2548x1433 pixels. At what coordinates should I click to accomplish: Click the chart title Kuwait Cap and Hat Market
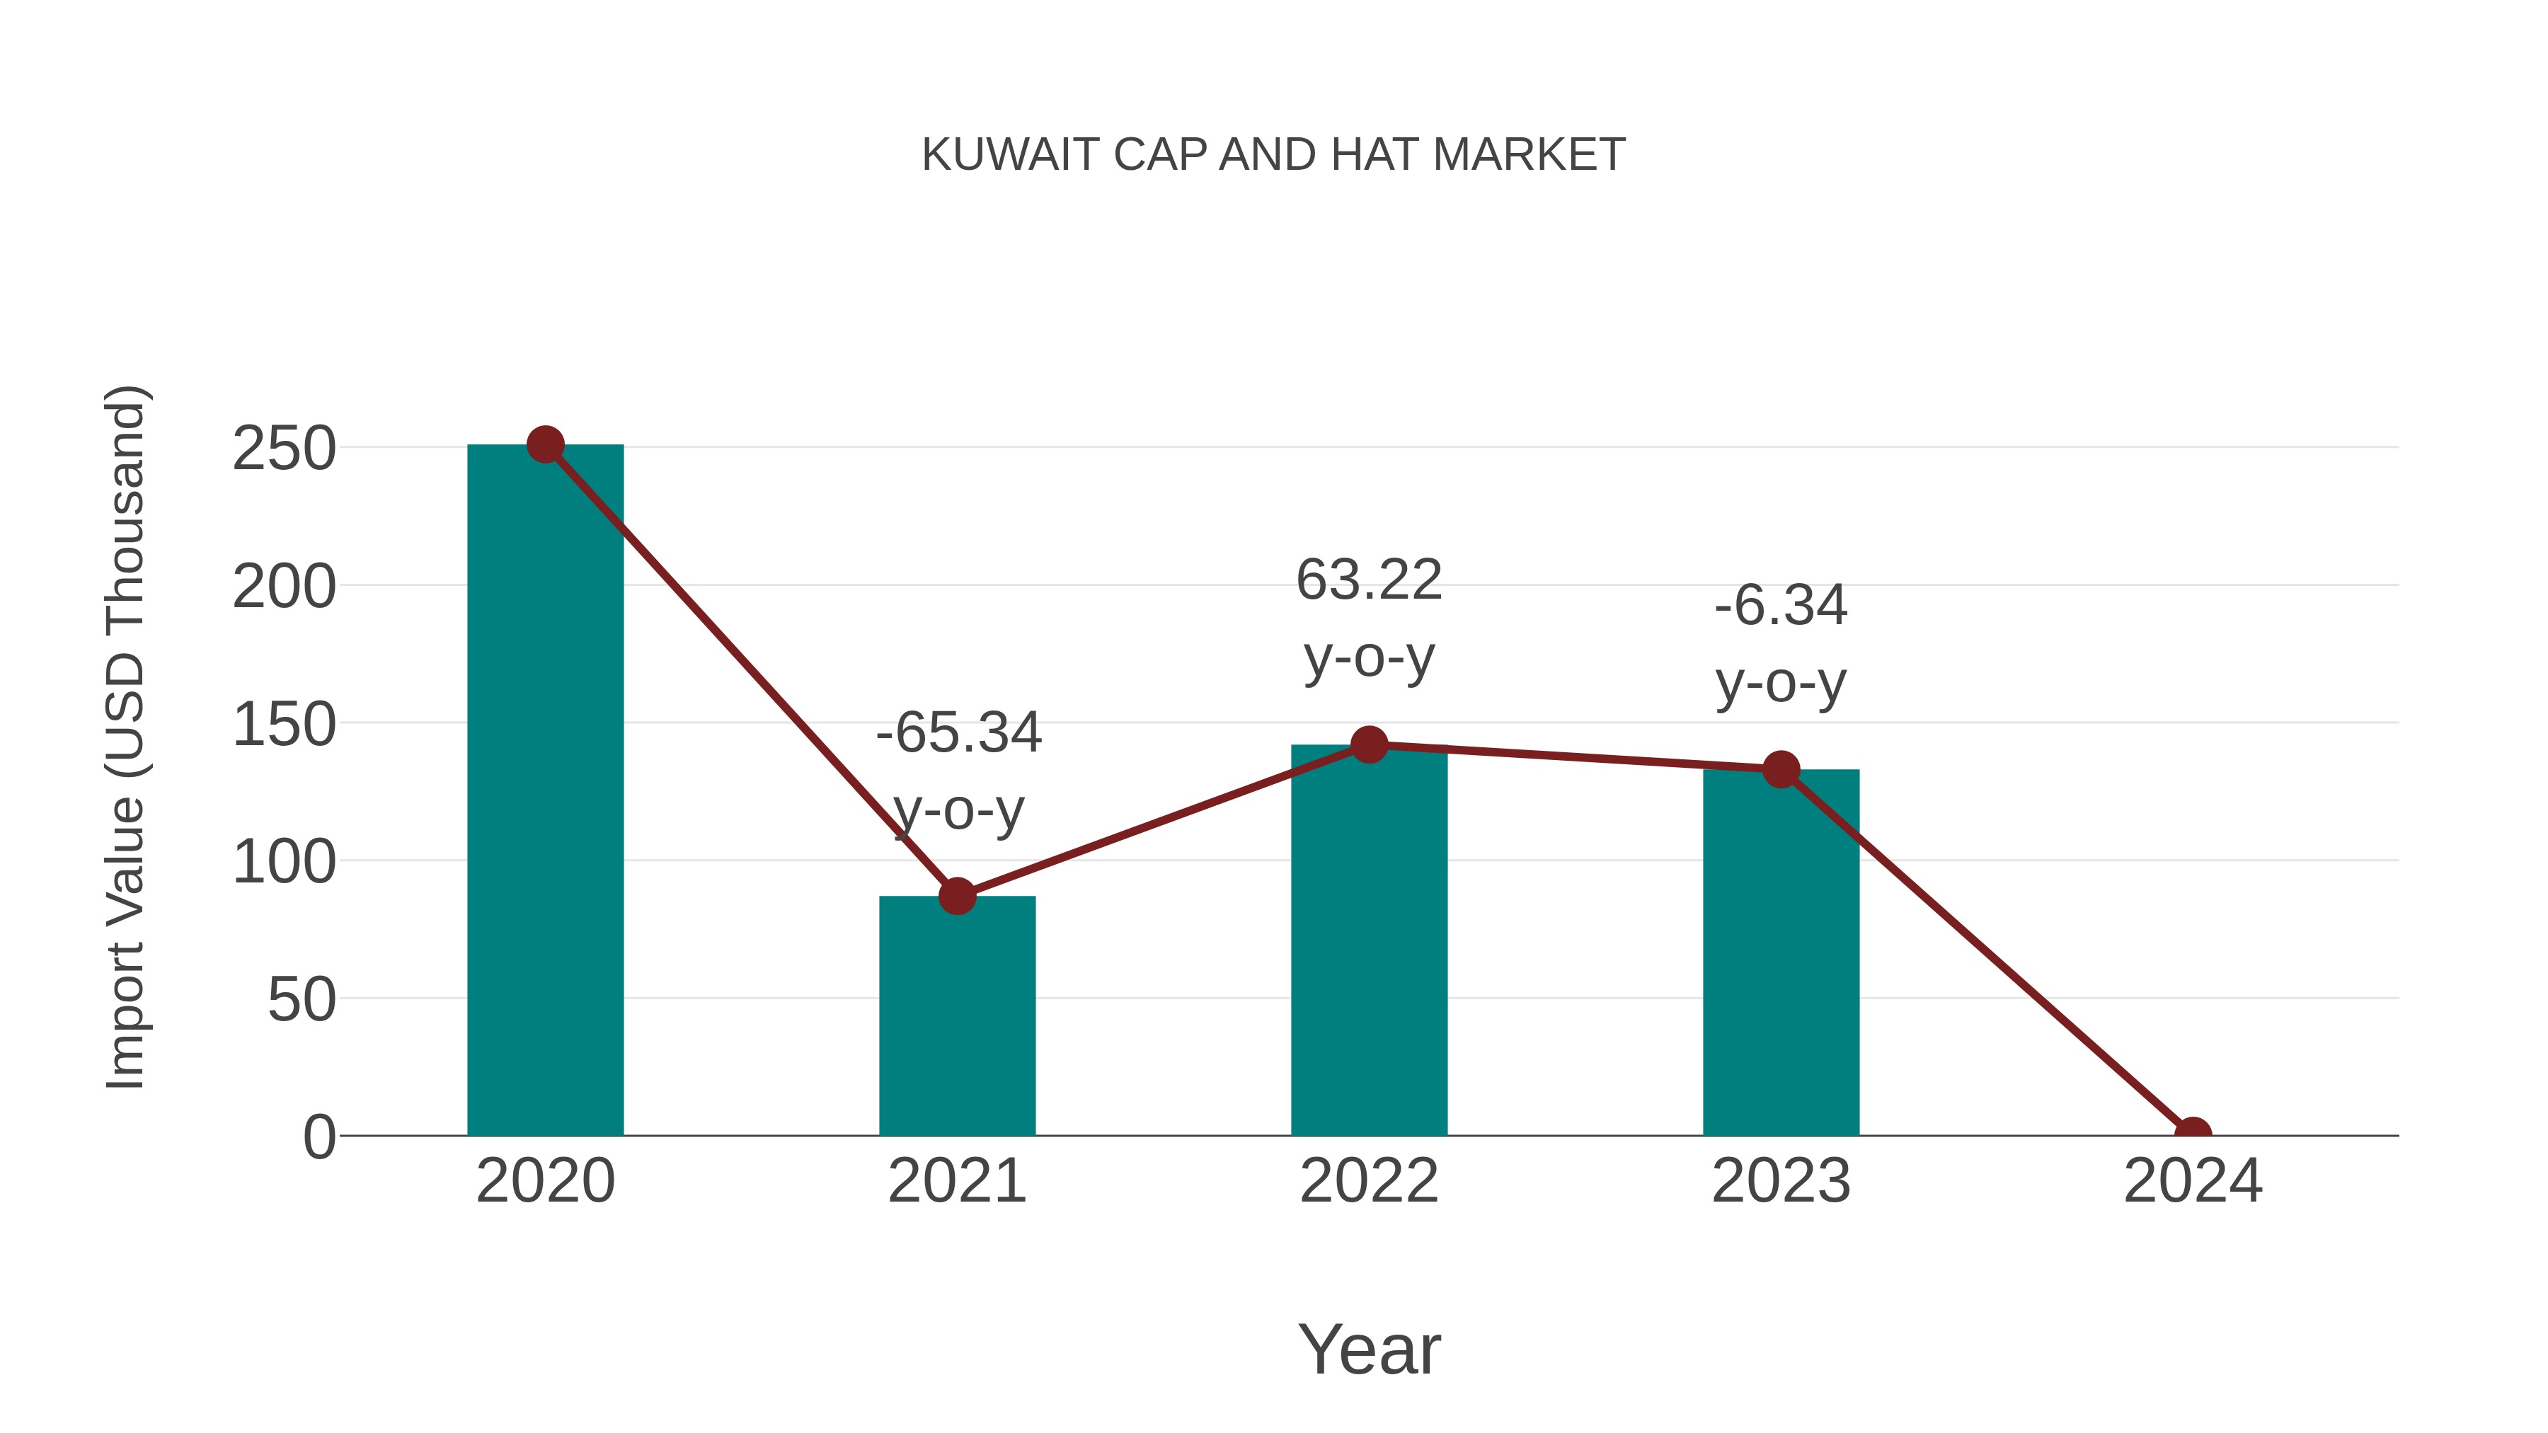click(1273, 155)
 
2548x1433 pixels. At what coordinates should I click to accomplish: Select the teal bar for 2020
click(545, 791)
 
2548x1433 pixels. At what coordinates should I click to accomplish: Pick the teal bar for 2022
click(1369, 940)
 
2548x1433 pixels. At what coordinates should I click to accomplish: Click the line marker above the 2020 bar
click(545, 445)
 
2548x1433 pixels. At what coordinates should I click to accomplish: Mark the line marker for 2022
click(1369, 744)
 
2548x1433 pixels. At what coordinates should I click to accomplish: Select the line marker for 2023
click(1781, 769)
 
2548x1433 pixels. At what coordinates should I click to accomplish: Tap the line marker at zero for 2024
click(2192, 1134)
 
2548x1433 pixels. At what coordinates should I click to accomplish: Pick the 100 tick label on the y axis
click(284, 863)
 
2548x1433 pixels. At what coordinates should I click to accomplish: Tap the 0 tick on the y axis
click(319, 1137)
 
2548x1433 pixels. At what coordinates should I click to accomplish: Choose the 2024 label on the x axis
click(2192, 1181)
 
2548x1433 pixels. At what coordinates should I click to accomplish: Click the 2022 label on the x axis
click(1369, 1181)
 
